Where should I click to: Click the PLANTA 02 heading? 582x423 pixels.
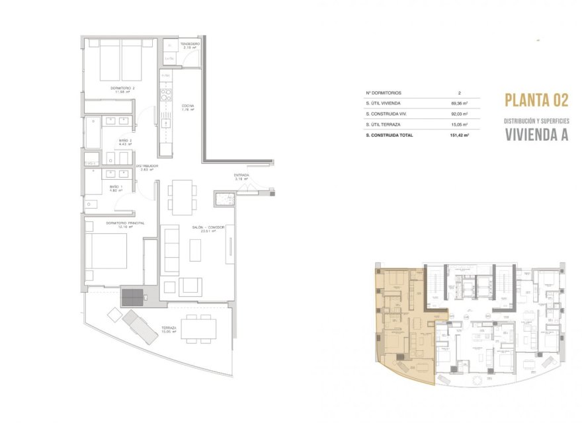point(536,100)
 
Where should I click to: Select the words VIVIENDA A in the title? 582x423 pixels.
point(536,134)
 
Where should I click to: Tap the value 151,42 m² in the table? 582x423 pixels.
point(457,135)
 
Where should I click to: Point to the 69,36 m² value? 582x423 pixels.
point(458,104)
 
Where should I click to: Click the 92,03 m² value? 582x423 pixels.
point(458,114)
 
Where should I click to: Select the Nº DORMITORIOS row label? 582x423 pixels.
point(384,93)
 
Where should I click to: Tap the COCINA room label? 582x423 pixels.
point(188,106)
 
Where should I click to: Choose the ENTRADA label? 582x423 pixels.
point(241,176)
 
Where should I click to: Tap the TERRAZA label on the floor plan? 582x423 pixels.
point(169,327)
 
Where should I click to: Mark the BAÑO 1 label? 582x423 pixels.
point(116,188)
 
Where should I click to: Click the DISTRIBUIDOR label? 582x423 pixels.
point(145,166)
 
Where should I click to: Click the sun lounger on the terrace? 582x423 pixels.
point(140,326)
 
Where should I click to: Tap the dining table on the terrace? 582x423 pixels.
point(199,327)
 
